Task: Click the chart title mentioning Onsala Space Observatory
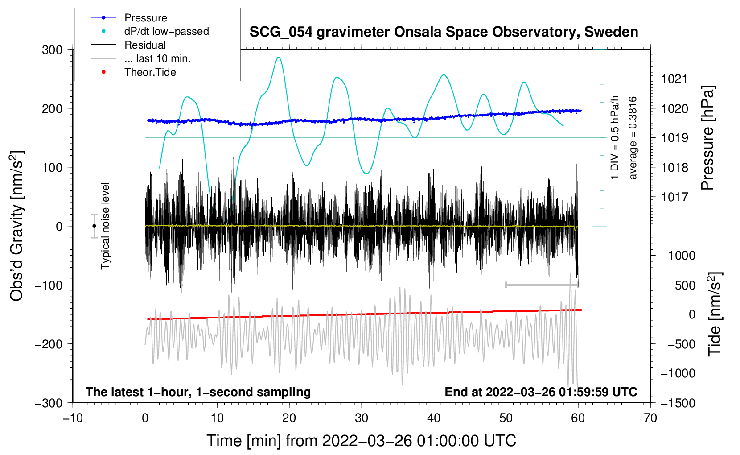[x=444, y=32]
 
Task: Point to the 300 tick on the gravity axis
[x=52, y=50]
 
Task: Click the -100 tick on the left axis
[x=49, y=285]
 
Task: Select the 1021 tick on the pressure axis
[x=674, y=79]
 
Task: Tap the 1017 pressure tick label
[x=674, y=197]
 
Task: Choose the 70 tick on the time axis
[x=650, y=418]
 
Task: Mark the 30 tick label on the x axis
[x=362, y=418]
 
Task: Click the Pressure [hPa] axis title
[x=707, y=137]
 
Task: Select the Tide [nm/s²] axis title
[x=715, y=314]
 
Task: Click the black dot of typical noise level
[x=95, y=226]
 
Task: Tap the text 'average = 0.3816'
[x=633, y=138]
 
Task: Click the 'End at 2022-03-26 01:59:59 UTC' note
[x=541, y=392]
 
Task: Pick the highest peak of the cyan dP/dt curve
[x=279, y=57]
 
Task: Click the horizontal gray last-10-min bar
[x=542, y=285]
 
